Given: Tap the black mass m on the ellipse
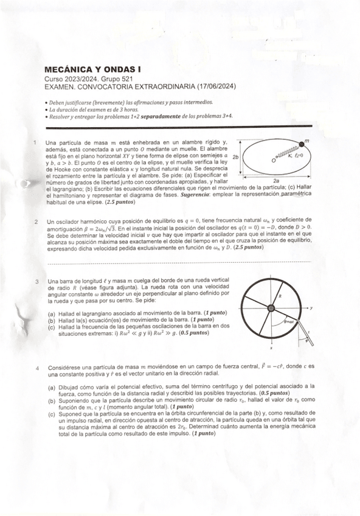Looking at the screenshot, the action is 301,145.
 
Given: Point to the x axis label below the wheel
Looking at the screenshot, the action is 272,349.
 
